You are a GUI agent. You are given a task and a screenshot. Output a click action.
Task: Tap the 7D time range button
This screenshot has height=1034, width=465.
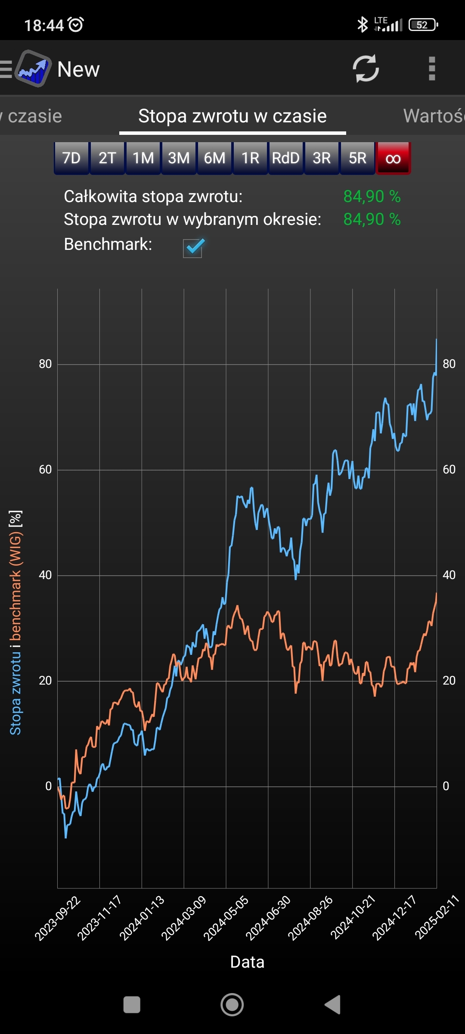[71, 158]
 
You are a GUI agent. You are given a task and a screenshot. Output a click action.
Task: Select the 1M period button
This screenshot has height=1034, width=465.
[143, 158]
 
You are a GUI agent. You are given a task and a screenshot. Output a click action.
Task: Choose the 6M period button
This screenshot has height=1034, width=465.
[214, 158]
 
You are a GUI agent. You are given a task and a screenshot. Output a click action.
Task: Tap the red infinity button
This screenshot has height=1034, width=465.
[393, 158]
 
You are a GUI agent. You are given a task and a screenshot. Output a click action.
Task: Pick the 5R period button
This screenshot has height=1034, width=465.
[357, 158]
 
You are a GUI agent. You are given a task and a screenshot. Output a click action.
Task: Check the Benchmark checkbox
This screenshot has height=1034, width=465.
[193, 248]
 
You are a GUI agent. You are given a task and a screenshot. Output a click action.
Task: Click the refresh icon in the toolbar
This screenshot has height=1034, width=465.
[366, 69]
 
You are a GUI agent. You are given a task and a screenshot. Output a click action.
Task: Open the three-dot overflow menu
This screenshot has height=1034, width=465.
[432, 69]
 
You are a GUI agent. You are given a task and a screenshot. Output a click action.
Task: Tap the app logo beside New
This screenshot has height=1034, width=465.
[33, 69]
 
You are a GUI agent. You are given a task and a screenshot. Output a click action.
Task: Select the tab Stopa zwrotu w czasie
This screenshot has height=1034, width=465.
[232, 116]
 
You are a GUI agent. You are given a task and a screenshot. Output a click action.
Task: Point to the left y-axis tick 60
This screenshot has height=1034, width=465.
[45, 470]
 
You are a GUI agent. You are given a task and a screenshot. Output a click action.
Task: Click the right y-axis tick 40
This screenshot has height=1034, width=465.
[449, 575]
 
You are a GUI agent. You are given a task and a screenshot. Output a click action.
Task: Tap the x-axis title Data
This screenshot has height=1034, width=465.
[247, 962]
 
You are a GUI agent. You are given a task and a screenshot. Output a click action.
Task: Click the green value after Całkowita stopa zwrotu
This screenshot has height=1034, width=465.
[372, 196]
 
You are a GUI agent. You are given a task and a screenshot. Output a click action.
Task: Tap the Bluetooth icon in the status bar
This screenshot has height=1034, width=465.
[363, 25]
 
